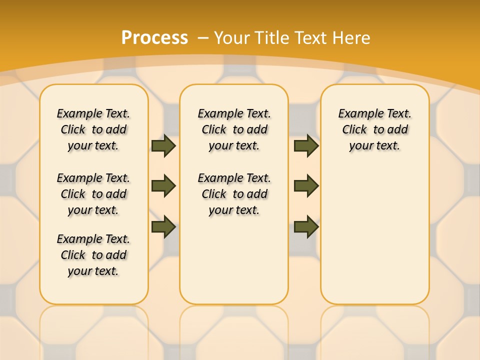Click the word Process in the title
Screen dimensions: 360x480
(x=154, y=37)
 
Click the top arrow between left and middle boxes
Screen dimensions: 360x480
(x=163, y=145)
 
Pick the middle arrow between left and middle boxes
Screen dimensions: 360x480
(x=163, y=186)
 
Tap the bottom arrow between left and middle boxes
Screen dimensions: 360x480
(x=163, y=226)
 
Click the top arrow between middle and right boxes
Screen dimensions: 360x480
(x=306, y=145)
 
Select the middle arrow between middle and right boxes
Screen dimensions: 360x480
(x=306, y=186)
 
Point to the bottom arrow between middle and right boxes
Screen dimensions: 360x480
(x=306, y=226)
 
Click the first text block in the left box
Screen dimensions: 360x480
(x=93, y=129)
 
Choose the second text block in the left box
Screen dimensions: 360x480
(x=93, y=194)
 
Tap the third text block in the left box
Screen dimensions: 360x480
(x=93, y=255)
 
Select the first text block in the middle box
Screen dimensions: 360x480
(x=234, y=129)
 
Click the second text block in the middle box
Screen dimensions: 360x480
(x=234, y=194)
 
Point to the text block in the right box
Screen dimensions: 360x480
(x=375, y=129)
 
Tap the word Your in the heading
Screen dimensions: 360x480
(x=232, y=37)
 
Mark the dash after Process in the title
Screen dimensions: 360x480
(x=203, y=37)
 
